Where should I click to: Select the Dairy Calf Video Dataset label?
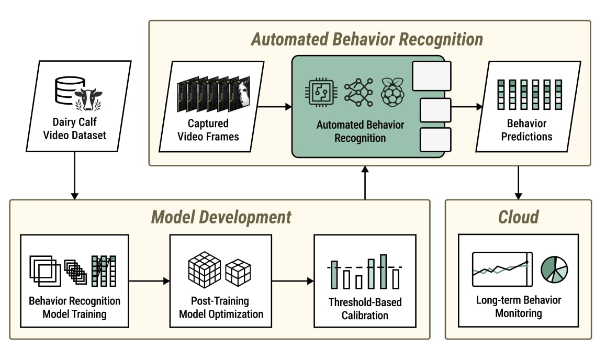click(x=80, y=129)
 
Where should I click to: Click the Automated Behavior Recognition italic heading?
click(x=367, y=39)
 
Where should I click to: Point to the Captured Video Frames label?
click(x=208, y=130)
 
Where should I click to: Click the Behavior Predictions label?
click(x=526, y=130)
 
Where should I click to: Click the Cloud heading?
click(x=518, y=217)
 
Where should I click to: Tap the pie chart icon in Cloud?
click(x=554, y=269)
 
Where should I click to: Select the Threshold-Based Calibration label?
click(x=365, y=309)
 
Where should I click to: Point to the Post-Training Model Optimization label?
click(x=221, y=308)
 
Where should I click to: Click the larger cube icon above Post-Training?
click(x=204, y=269)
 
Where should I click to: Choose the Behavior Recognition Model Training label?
click(x=74, y=308)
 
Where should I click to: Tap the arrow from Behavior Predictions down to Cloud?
click(x=518, y=183)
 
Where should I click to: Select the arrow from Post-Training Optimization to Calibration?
click(x=293, y=281)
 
